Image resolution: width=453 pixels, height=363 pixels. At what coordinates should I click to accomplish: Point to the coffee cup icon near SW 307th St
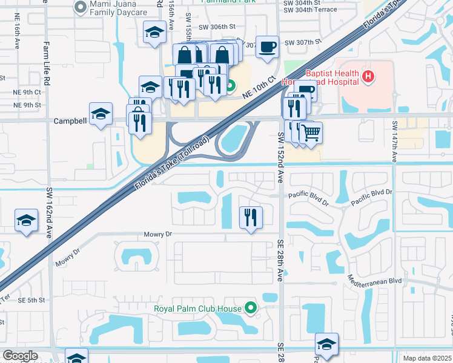pos(266,47)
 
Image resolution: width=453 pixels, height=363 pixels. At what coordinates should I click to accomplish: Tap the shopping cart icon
pos(311,132)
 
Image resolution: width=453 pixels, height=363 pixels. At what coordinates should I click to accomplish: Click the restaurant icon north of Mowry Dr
pos(251,217)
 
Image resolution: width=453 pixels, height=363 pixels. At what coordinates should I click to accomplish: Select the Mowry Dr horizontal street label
pos(159,234)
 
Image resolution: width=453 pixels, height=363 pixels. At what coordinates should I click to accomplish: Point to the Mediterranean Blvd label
pos(375,281)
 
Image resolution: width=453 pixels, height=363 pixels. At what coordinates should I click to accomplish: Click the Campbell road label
pos(70,120)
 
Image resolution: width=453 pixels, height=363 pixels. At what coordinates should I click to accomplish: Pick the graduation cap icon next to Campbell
pos(101,113)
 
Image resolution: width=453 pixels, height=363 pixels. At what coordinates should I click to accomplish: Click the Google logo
pos(20,356)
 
